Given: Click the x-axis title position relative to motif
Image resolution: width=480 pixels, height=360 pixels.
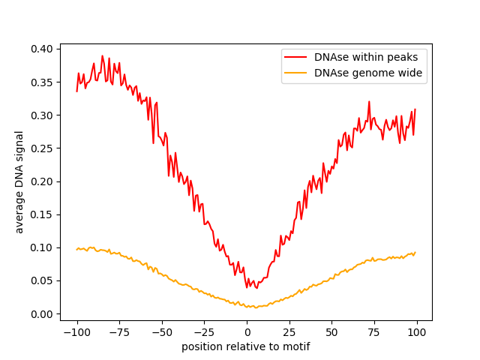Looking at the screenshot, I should click(246, 346).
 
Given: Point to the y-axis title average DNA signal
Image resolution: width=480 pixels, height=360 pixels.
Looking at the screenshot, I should click(19, 181).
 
